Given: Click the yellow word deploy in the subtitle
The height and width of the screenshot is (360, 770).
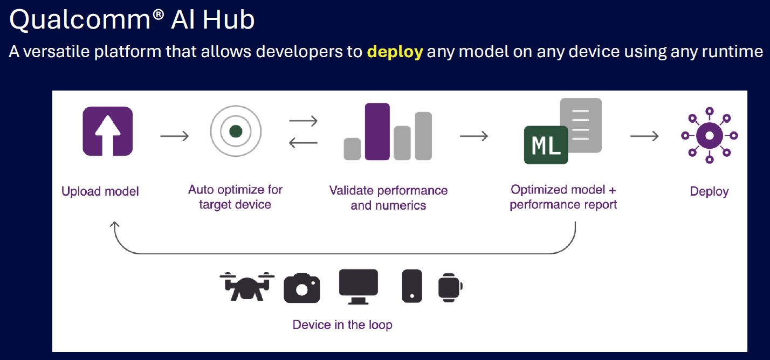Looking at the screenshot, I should pos(395,52).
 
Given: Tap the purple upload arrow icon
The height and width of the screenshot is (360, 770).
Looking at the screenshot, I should pos(107,131).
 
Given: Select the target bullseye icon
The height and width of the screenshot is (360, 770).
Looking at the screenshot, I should pos(235,131).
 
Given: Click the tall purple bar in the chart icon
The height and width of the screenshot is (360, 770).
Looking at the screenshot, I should pos(377,131).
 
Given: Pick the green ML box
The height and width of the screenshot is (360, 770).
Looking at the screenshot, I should pos(546,145).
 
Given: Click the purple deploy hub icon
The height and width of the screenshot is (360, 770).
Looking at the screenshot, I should pos(710,135).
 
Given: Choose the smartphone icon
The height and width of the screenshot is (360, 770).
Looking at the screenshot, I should pos(411,286).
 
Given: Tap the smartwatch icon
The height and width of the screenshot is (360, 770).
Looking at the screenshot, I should pos(450,286).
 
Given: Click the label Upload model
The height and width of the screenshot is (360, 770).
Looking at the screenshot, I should pos(100,191).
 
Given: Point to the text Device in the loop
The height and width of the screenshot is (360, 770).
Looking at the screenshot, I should pos(342,324).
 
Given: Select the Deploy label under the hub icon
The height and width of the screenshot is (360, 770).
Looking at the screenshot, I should pos(709,191).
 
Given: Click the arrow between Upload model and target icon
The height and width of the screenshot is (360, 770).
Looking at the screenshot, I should pos(174,136).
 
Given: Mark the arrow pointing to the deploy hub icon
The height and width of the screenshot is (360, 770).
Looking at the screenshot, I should pos(644,136).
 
